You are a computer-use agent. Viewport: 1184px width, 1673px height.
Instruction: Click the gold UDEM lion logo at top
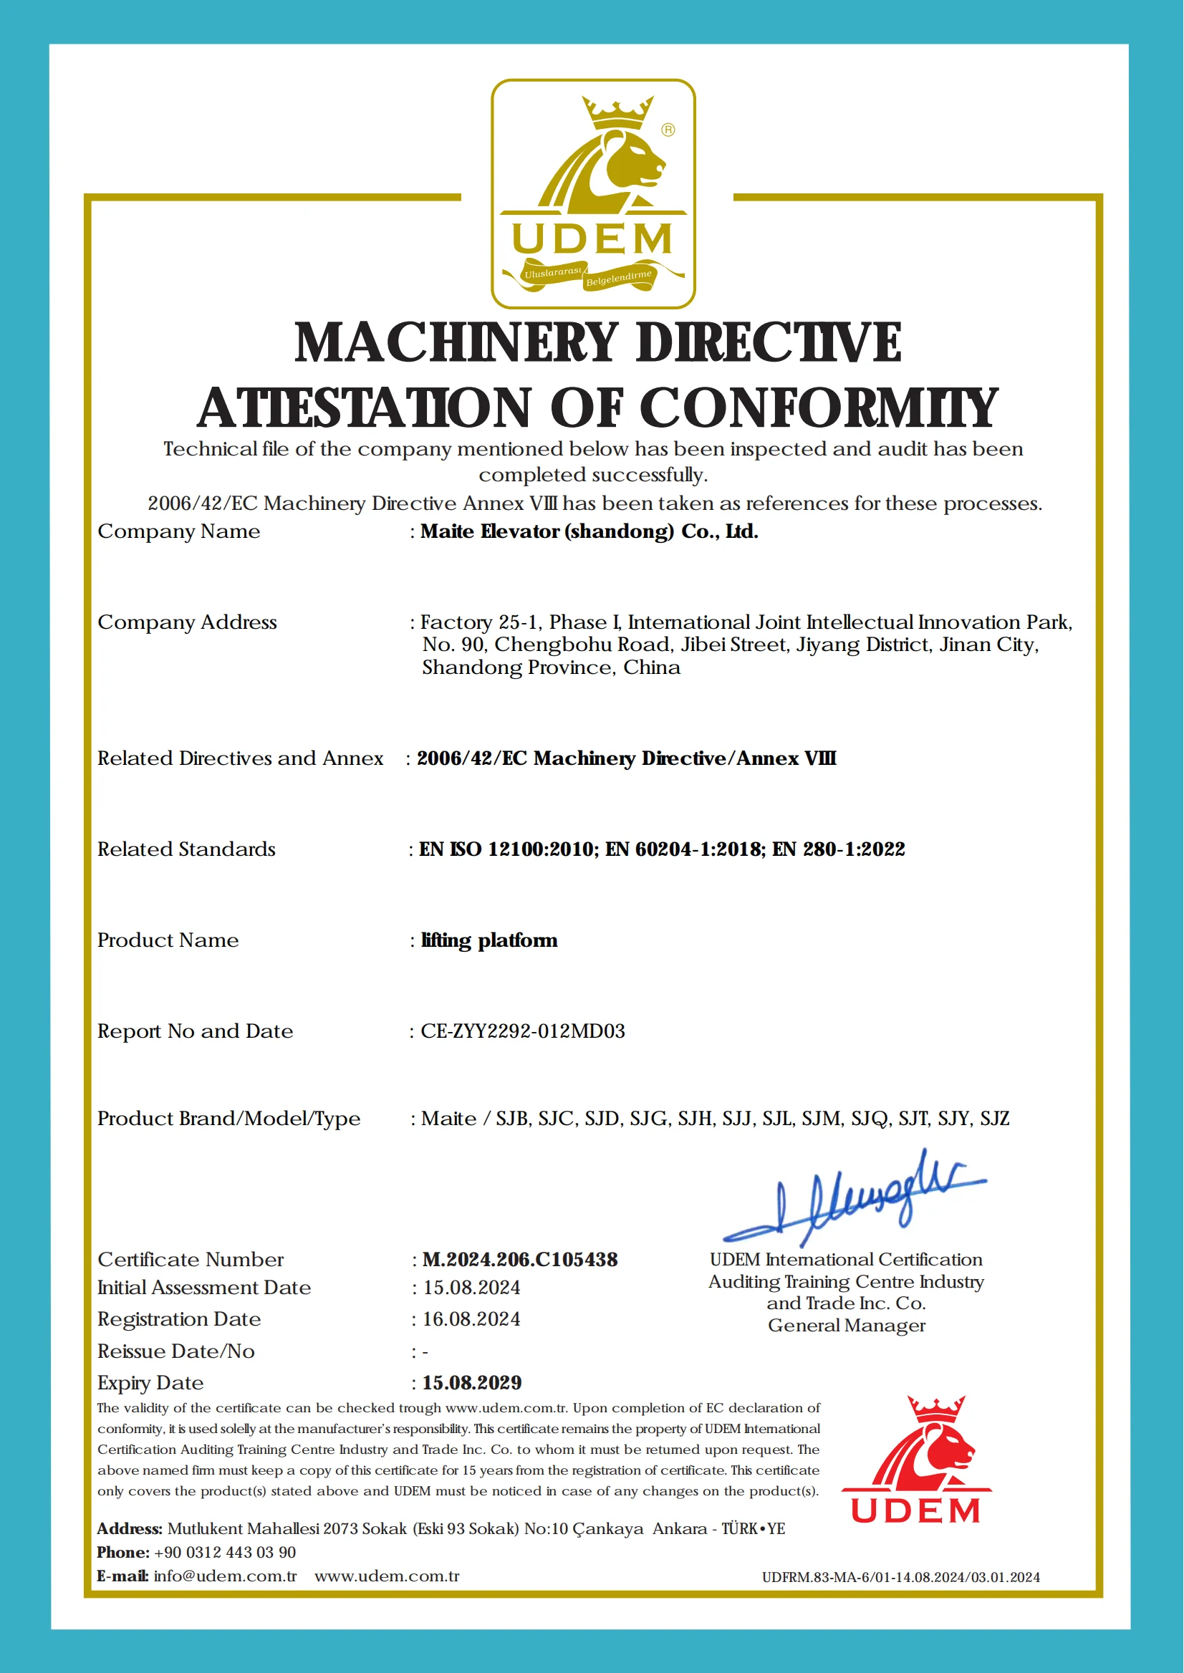point(593,193)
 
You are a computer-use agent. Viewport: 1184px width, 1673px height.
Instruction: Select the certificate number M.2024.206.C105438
point(520,1259)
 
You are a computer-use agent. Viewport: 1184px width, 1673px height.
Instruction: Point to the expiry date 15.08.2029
point(472,1382)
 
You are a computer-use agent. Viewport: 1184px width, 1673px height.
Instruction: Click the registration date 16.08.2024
point(472,1318)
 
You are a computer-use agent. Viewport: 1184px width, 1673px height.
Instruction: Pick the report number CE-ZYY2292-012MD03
point(523,1031)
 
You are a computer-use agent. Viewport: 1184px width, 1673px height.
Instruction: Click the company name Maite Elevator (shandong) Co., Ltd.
point(589,531)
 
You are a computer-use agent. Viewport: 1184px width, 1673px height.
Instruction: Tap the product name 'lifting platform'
point(489,940)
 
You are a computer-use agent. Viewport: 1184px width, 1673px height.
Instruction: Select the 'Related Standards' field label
point(187,849)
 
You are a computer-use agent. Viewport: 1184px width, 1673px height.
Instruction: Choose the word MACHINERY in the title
point(456,342)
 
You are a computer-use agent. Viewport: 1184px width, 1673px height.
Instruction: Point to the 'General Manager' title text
point(847,1325)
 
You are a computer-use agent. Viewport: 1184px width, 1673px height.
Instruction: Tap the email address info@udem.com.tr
point(226,1576)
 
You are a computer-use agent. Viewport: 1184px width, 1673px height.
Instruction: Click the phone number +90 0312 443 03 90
point(226,1552)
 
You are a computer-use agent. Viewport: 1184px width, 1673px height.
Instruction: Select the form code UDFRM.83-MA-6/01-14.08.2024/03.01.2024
point(901,1578)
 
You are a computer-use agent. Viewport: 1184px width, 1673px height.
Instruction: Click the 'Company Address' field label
point(188,622)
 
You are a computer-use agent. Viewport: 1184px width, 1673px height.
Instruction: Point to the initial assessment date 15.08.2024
point(472,1288)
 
